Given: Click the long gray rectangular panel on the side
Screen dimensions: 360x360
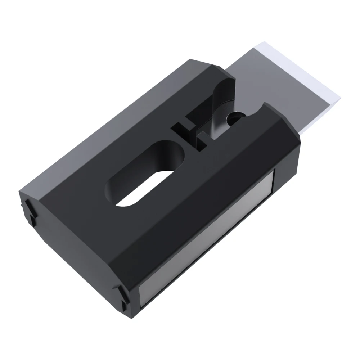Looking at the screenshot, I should coord(209,238).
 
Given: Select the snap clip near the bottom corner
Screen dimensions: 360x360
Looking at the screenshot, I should coord(122,295).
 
